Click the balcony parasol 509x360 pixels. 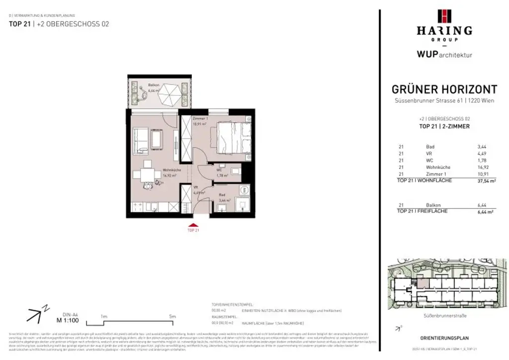tap(170, 93)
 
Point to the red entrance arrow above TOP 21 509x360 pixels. tap(193, 225)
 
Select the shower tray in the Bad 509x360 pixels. tap(242, 204)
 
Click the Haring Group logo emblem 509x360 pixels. tap(444, 16)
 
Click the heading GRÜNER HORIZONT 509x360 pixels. tap(444, 90)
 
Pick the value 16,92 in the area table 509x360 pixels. tap(483, 168)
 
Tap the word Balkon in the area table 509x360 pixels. tap(433, 205)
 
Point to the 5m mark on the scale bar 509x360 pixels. tap(172, 316)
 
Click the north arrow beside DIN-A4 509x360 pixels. tap(35, 313)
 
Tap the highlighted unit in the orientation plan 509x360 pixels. tap(422, 283)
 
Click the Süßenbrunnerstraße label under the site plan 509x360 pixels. tap(444, 315)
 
